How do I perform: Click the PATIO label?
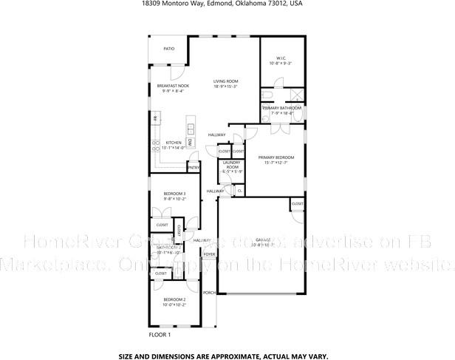click(x=169, y=49)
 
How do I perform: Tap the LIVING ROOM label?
click(x=225, y=81)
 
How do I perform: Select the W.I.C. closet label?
click(x=281, y=58)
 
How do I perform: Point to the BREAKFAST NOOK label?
click(x=173, y=86)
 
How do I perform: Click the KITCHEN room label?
click(x=174, y=143)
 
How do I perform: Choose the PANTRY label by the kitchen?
click(x=194, y=167)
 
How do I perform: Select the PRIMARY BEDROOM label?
click(x=276, y=157)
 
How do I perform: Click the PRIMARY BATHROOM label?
click(x=281, y=108)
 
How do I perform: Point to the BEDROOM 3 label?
click(x=174, y=193)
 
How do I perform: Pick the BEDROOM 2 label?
click(x=174, y=299)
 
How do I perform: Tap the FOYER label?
click(x=210, y=254)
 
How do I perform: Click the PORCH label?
click(x=210, y=293)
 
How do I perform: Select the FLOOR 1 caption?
click(x=160, y=335)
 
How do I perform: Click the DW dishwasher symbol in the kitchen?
click(x=189, y=140)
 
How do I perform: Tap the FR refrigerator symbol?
click(x=155, y=119)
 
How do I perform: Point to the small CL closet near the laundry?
click(x=240, y=191)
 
